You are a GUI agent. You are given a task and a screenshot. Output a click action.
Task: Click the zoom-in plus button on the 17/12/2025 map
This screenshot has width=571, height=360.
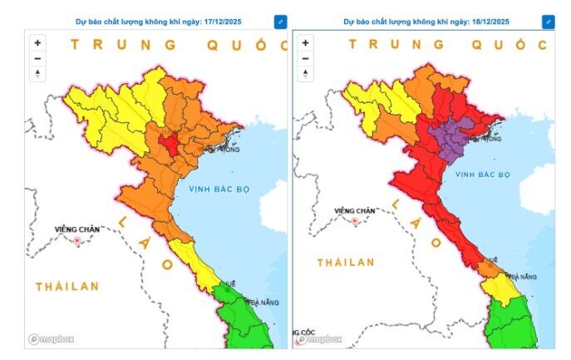[37, 42]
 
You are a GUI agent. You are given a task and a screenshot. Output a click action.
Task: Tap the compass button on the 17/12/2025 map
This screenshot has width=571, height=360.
[37, 74]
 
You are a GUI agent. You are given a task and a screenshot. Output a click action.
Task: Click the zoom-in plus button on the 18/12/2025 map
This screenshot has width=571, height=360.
[305, 42]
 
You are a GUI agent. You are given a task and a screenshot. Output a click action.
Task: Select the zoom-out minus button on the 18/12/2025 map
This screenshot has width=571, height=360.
[305, 58]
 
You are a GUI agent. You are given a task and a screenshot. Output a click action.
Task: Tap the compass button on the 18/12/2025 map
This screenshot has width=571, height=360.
[305, 74]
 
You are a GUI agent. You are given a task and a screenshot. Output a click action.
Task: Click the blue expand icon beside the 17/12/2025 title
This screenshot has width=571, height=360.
[280, 22]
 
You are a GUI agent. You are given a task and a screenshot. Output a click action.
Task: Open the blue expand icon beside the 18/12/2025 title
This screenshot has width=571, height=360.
[548, 22]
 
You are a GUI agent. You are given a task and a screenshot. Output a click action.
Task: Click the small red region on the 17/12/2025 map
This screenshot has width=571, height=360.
[170, 144]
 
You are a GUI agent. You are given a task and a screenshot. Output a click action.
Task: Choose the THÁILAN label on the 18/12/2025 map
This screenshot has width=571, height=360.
[346, 262]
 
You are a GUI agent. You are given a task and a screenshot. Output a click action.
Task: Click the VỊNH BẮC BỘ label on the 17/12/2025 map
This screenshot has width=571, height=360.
[219, 189]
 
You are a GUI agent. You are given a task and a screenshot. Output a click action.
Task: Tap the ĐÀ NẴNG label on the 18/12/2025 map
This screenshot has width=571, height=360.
[523, 275]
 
